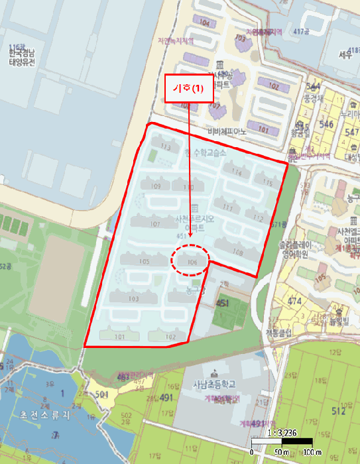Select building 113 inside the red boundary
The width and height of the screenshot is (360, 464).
(x=166, y=146)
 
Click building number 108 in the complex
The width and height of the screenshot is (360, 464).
(x=239, y=253)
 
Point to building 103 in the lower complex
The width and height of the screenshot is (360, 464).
(x=133, y=299)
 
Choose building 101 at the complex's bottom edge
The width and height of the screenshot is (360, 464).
(x=119, y=337)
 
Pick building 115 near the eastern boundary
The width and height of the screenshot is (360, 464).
(x=267, y=182)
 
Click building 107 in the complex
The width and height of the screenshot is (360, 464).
(x=154, y=224)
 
